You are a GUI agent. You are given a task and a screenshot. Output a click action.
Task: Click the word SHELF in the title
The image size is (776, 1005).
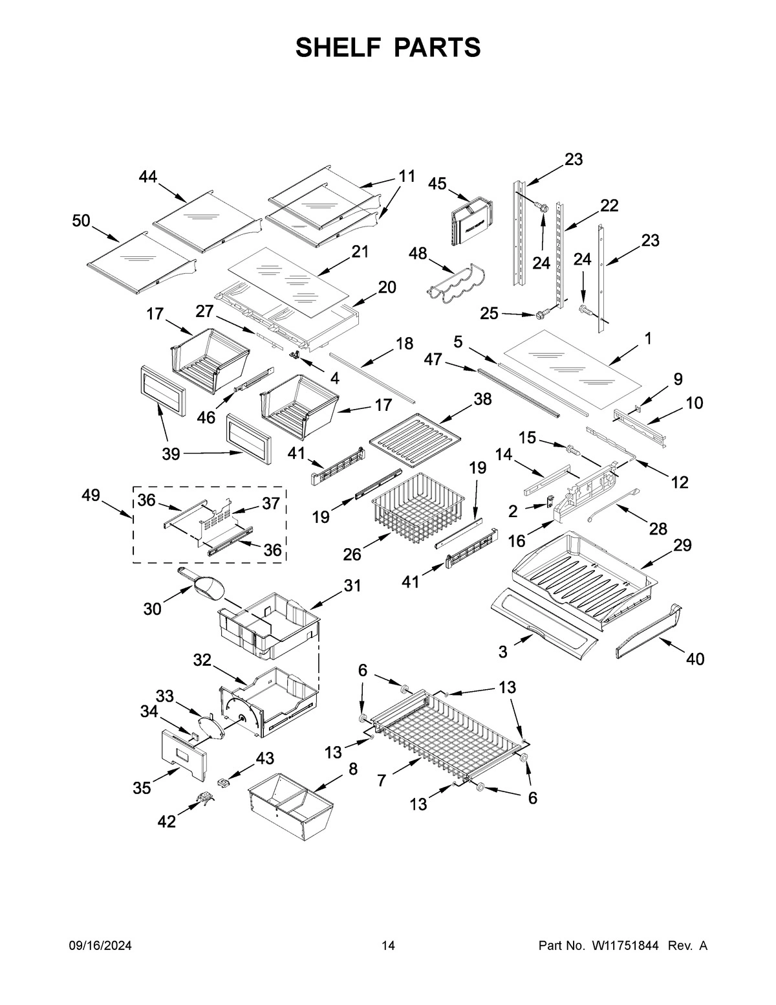[x=337, y=48]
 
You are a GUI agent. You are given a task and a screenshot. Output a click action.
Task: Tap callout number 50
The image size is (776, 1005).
[x=81, y=221]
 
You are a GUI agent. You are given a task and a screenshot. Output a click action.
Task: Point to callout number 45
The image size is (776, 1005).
[x=437, y=184]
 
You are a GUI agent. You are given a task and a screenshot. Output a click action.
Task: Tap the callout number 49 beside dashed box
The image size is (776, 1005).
[x=91, y=496]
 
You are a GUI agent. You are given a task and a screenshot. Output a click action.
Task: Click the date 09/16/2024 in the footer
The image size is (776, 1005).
[x=100, y=946]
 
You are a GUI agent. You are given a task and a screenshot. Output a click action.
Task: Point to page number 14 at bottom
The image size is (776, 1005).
[x=388, y=946]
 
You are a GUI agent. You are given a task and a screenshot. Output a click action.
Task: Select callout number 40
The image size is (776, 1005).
[x=695, y=659]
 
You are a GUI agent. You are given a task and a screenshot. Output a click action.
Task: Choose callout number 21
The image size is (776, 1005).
[x=360, y=252]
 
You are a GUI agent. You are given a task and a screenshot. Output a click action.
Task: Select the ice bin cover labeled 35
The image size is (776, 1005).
[x=182, y=754]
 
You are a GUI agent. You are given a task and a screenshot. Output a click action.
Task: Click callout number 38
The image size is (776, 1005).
[x=482, y=399]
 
